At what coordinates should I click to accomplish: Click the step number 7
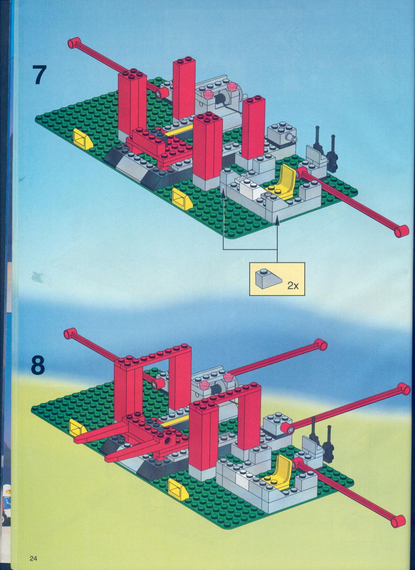point(40,75)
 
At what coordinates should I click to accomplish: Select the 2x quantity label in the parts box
point(292,286)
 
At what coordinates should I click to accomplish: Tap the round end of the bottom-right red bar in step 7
point(402,231)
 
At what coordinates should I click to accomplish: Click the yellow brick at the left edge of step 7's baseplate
point(81,138)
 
